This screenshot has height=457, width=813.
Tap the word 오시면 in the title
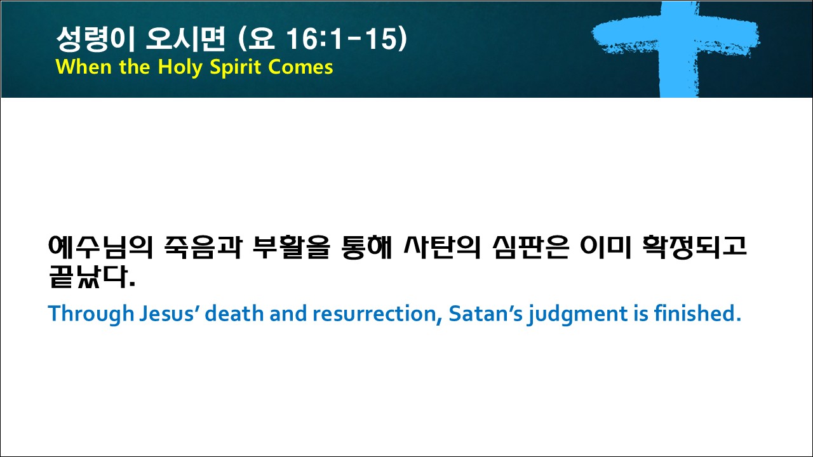(185, 39)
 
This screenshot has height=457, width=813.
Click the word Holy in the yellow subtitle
(180, 68)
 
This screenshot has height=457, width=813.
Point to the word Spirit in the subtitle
(236, 68)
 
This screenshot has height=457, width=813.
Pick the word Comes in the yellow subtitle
(301, 67)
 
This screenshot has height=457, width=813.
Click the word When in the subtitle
(83, 67)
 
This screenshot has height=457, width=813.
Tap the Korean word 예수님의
(100, 248)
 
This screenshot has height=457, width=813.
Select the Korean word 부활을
(292, 248)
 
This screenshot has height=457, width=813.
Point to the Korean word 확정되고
(694, 248)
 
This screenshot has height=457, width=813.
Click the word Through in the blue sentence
(91, 314)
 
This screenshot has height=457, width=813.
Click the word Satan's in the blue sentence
(486, 314)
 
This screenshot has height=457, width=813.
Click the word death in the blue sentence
(234, 314)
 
